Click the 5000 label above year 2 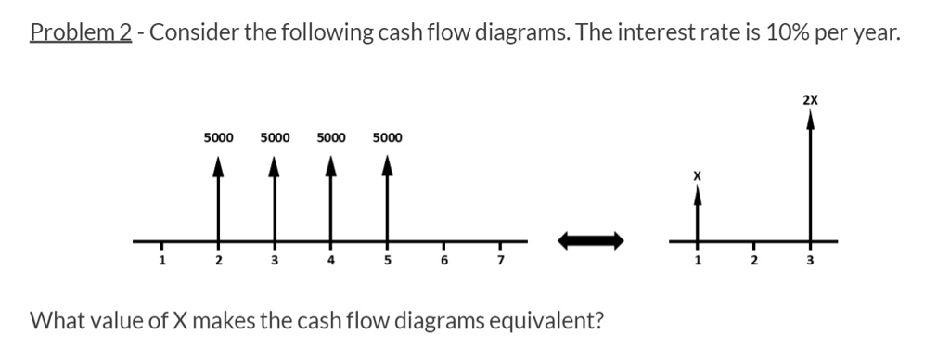coord(218,138)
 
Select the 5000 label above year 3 coord(275,138)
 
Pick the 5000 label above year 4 coord(331,138)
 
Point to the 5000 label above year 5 coord(387,138)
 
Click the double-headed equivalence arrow coord(590,240)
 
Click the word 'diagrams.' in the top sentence coord(532,32)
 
